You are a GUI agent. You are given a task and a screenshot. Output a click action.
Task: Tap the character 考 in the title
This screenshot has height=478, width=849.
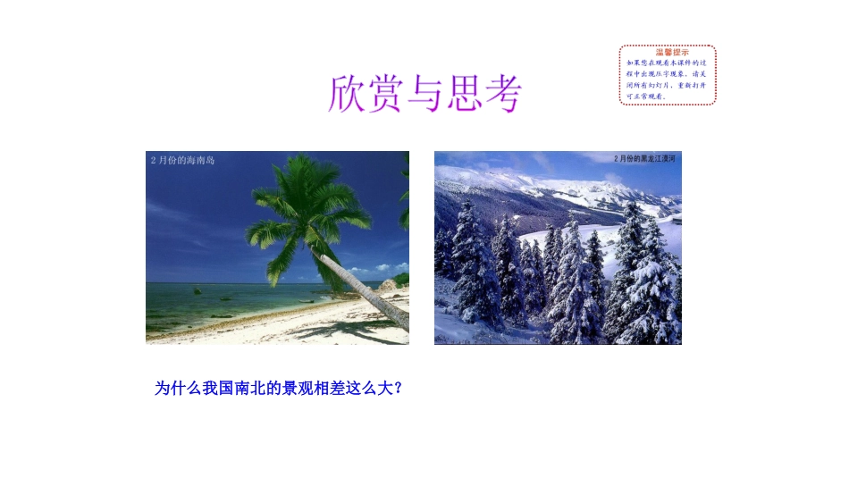point(499,93)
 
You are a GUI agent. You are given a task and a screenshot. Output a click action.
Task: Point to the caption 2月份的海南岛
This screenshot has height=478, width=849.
point(183,160)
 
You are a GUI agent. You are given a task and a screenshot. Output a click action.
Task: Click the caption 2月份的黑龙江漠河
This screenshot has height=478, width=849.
point(644,158)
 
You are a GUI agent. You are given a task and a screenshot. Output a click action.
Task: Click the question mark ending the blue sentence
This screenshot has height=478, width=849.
point(398,389)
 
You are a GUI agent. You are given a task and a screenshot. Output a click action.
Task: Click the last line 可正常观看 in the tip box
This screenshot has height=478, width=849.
point(645,96)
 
